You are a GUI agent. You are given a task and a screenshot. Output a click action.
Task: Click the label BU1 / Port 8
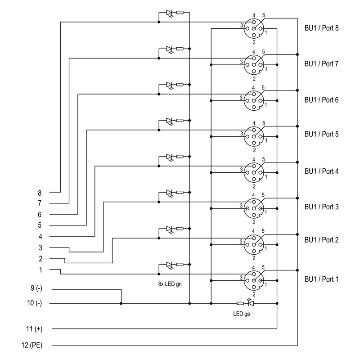321,28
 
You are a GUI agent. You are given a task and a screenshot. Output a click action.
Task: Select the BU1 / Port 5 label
321,134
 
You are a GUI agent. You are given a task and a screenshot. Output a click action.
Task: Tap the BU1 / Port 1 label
321,279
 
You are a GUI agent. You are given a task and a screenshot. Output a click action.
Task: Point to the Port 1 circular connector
254,281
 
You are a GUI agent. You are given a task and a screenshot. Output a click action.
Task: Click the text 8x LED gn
170,284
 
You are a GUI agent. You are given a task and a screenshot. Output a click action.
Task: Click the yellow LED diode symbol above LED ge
251,303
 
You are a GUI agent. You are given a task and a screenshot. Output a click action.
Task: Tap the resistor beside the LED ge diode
240,303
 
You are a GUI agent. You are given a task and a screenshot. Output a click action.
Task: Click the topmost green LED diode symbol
170,13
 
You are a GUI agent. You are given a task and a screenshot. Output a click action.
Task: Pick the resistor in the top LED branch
180,13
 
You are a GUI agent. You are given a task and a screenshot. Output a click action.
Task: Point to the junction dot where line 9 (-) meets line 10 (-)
121,303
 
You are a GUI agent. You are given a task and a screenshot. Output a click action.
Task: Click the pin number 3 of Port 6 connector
241,98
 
